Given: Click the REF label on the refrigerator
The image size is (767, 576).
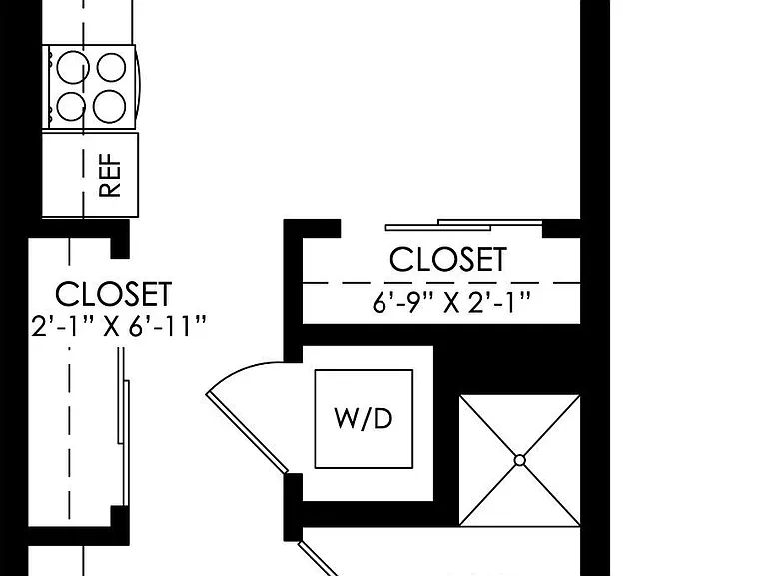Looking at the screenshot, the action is (x=110, y=175).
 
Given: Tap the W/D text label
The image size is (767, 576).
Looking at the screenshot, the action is (x=364, y=419).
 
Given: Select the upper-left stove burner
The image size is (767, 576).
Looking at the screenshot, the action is (x=73, y=67).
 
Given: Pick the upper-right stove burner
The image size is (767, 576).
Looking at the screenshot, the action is (x=112, y=67).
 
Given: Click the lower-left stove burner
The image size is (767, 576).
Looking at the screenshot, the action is (x=72, y=106).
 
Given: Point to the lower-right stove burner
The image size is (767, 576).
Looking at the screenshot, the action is (x=110, y=106).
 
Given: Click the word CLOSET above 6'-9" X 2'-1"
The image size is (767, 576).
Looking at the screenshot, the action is (x=448, y=260).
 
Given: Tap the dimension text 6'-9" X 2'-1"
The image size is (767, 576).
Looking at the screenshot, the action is (x=451, y=302).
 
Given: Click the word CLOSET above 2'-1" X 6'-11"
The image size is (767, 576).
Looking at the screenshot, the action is (x=114, y=294).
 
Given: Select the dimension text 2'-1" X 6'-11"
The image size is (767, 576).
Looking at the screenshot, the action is (x=119, y=326).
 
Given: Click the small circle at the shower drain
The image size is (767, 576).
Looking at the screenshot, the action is (x=520, y=460).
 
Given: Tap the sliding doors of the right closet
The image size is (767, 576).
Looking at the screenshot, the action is (x=463, y=225).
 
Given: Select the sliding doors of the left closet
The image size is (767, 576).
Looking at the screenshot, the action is (x=123, y=426).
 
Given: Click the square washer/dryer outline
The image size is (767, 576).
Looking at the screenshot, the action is (x=364, y=419).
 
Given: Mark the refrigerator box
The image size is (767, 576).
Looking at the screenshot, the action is (x=90, y=174).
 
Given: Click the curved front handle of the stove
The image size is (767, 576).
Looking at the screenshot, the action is (x=138, y=87).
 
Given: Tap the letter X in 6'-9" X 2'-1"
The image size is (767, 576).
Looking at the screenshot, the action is (x=452, y=304).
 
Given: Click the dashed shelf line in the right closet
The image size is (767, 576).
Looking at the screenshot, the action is (x=441, y=283).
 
